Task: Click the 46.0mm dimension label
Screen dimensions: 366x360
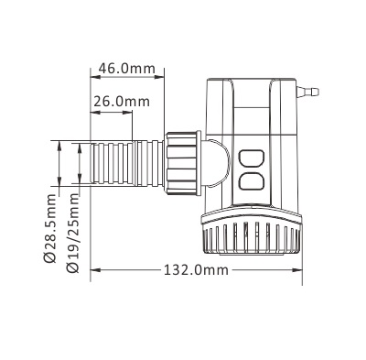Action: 126,69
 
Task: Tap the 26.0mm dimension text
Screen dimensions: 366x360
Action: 122,102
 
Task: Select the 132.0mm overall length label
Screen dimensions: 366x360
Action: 196,270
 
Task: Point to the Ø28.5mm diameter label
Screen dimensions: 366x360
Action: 50,228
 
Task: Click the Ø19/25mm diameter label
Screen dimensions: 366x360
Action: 72,233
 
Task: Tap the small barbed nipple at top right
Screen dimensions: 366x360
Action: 307,91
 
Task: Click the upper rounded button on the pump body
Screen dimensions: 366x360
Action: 251,158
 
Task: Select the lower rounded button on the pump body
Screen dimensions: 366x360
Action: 251,181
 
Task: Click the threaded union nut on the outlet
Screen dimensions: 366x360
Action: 182,163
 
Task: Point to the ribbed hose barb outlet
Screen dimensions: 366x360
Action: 126,163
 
